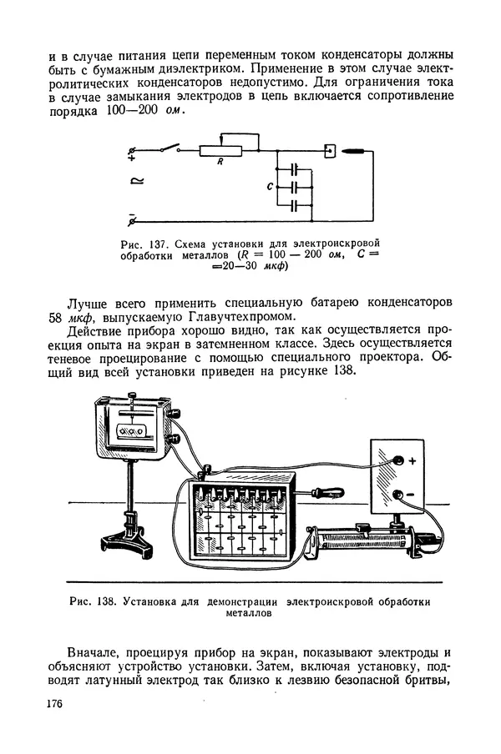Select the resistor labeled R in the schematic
pyautogui.click(x=220, y=151)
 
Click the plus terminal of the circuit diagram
pyautogui.click(x=132, y=151)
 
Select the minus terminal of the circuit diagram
pyautogui.click(x=131, y=220)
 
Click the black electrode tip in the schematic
pyautogui.click(x=354, y=151)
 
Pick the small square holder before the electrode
pyautogui.click(x=330, y=151)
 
